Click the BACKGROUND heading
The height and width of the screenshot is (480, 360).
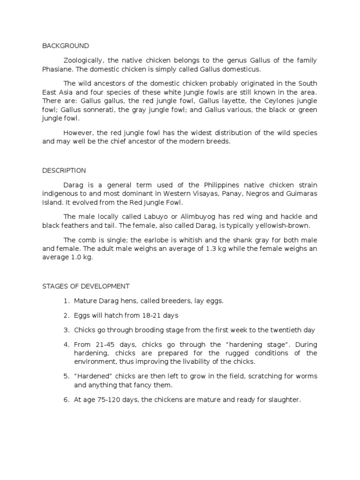click(65, 46)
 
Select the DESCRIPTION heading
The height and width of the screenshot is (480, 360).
click(64, 171)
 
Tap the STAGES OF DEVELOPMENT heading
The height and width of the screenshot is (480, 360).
click(86, 286)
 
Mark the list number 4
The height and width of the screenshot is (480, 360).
click(66, 345)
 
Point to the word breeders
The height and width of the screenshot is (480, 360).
click(169, 301)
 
